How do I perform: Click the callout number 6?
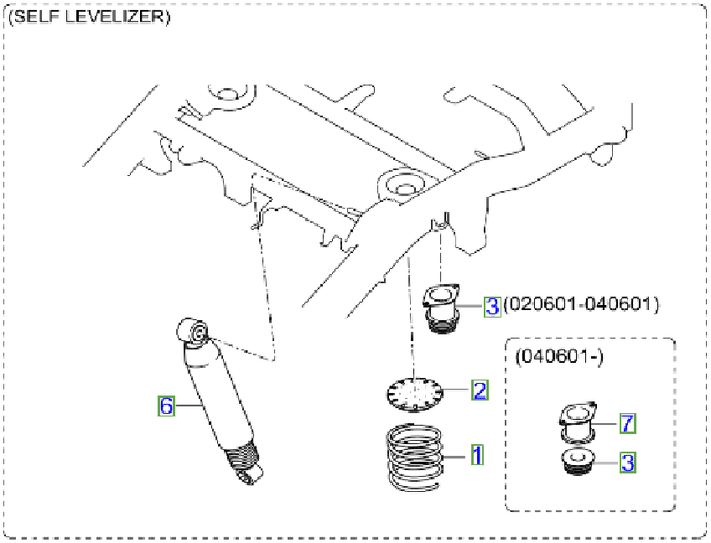[x=166, y=406]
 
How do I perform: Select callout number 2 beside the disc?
[x=479, y=390]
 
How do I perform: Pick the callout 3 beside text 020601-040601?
[x=492, y=306]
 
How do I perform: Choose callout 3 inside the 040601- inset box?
[x=626, y=462]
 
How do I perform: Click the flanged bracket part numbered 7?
[x=577, y=421]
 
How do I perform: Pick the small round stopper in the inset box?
[x=576, y=462]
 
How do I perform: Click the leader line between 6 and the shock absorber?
[x=189, y=406]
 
